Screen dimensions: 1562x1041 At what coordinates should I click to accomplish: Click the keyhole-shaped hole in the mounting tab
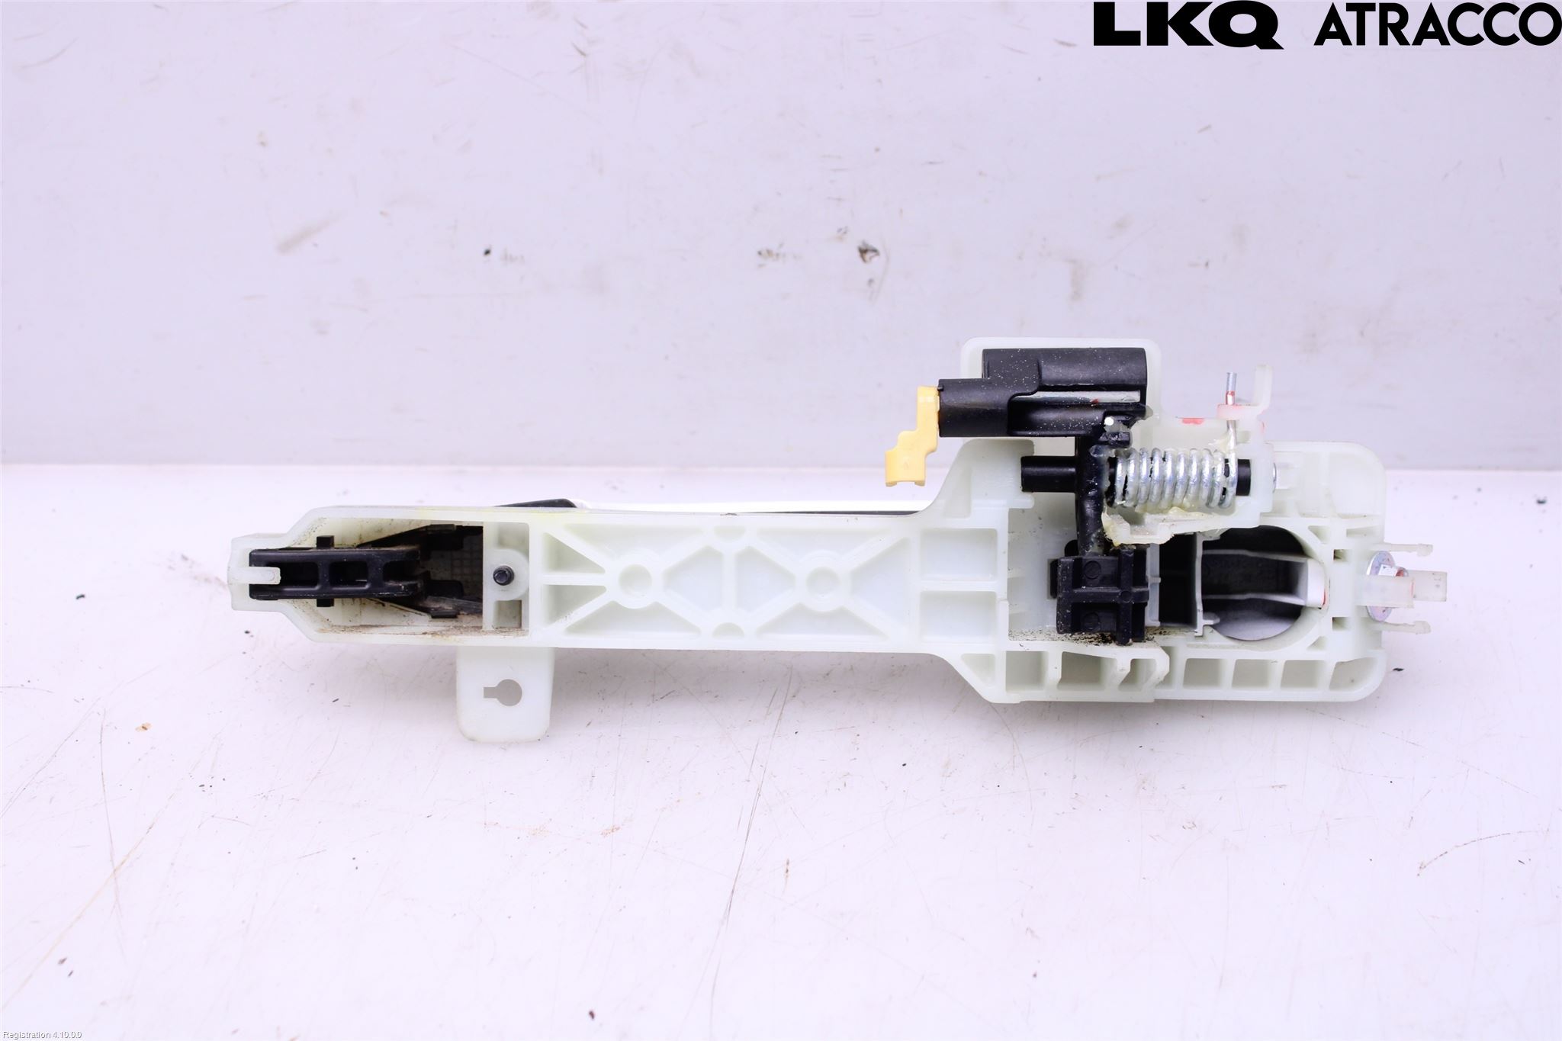click(503, 692)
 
